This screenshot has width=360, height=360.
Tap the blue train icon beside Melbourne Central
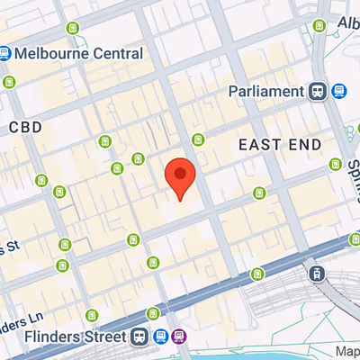tap(5, 54)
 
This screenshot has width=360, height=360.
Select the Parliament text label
tap(266, 91)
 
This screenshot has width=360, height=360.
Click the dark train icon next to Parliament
tap(317, 91)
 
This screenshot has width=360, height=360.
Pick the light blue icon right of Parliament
tap(338, 91)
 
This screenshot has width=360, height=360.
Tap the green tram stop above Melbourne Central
tap(72, 25)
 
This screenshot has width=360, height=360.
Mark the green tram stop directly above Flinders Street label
tap(91, 315)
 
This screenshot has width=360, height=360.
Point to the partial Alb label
tap(348, 22)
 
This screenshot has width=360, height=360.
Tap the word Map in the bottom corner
tap(347, 351)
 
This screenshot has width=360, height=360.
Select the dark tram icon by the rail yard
tap(316, 273)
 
